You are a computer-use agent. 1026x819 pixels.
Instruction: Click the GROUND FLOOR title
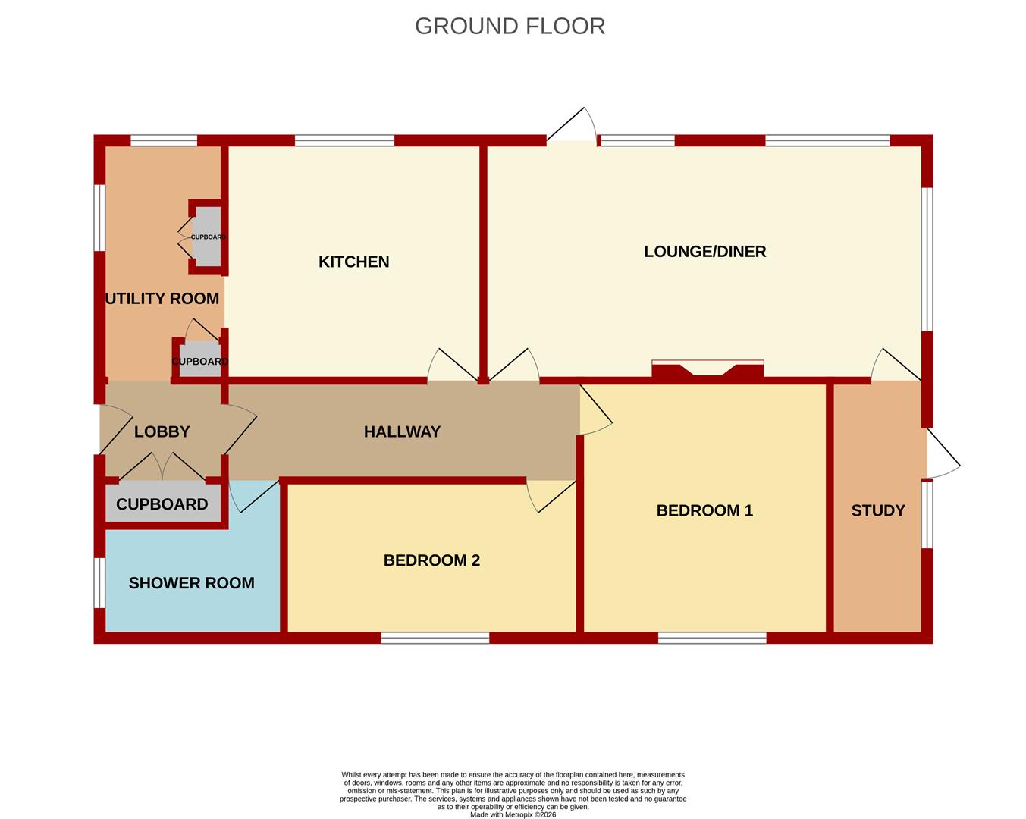click(x=510, y=27)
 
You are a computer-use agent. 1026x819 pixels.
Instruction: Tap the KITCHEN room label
click(x=354, y=262)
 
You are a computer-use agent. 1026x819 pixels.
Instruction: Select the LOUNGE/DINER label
click(x=704, y=252)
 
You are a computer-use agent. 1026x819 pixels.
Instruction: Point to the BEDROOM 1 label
click(x=704, y=510)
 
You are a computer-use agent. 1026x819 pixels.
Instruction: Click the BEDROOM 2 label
click(x=431, y=560)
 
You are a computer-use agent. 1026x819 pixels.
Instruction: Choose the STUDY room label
click(x=877, y=510)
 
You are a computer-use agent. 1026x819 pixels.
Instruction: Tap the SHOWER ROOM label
click(x=192, y=583)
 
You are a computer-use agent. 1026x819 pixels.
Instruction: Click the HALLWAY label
click(x=402, y=432)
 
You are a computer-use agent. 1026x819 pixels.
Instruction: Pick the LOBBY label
click(x=162, y=432)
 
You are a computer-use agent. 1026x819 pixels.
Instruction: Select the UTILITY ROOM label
click(x=162, y=299)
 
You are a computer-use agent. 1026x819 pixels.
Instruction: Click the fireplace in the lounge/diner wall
click(x=708, y=370)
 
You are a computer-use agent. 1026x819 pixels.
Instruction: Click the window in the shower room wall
click(x=99, y=582)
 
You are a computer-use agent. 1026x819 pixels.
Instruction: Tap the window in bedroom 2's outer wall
click(x=435, y=638)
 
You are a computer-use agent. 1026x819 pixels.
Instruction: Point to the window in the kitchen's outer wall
click(x=345, y=140)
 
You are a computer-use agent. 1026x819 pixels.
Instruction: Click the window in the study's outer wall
click(x=927, y=515)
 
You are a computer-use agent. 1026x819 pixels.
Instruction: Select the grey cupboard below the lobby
click(x=162, y=504)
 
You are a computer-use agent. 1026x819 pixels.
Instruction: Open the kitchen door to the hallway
click(x=453, y=366)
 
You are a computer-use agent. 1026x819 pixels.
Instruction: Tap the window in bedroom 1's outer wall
click(x=712, y=638)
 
